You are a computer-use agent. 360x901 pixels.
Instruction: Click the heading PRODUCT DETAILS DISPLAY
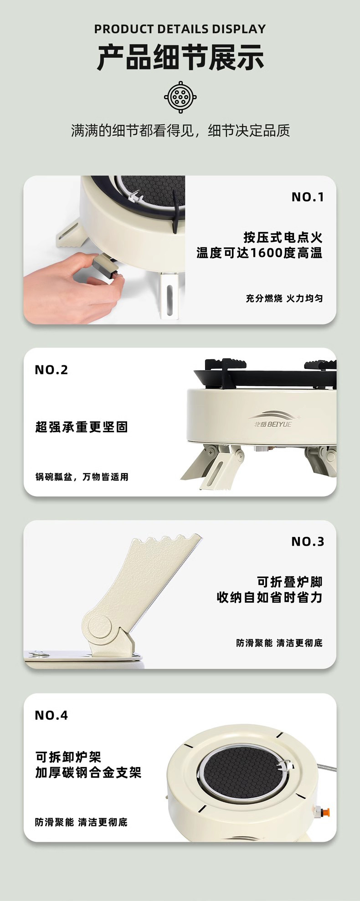pos(180,29)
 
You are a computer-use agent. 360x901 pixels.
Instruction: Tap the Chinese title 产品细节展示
pos(180,58)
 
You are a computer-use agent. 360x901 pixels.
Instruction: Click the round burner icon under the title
pos(180,97)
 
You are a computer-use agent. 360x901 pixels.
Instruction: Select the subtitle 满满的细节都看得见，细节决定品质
pos(180,131)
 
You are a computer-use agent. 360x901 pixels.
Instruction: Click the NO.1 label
pos(308,197)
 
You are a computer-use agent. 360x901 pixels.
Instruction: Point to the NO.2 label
pos(51,369)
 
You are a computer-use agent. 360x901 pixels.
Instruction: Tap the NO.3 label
pos(308,542)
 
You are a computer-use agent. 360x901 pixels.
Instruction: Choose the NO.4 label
pos(51,715)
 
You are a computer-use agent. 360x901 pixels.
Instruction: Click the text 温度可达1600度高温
pos(259,253)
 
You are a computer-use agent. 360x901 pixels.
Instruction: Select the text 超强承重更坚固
pos(82,427)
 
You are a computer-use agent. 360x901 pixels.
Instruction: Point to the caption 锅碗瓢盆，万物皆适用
pos(82,477)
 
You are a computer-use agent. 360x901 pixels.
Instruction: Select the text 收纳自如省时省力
pos(270,597)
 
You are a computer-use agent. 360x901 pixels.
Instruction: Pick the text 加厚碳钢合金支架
pos(88,772)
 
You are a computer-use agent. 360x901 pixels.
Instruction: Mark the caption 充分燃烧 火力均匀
pos(284,298)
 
